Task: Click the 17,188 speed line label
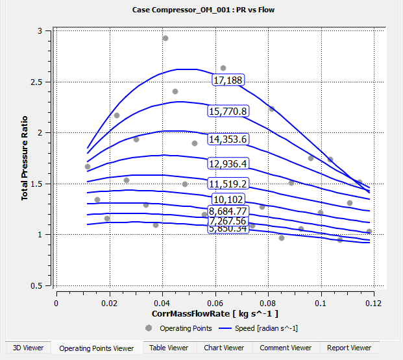point(228,79)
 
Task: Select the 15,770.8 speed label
point(228,111)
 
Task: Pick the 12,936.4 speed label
point(228,163)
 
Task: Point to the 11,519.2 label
point(228,183)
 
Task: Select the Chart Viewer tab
point(224,348)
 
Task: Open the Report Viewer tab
point(349,348)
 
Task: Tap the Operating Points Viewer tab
point(96,348)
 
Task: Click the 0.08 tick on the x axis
point(268,303)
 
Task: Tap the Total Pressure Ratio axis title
point(25,158)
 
